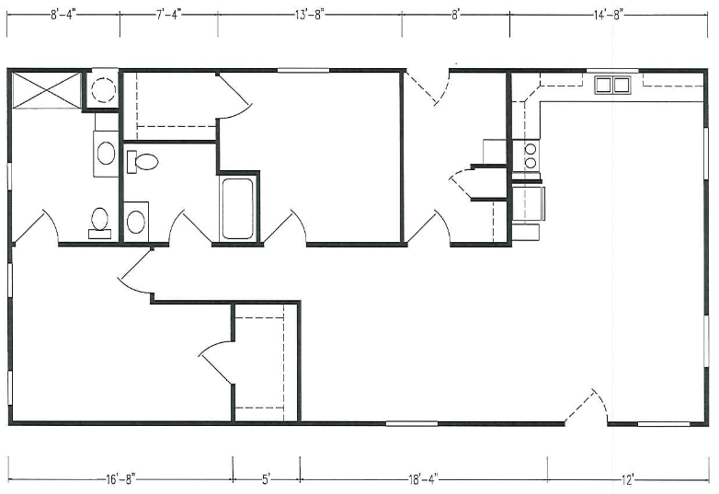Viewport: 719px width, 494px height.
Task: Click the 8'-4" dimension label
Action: coord(63,14)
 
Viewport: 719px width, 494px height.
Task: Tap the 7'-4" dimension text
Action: coord(169,14)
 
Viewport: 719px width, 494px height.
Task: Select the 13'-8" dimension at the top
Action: coord(309,15)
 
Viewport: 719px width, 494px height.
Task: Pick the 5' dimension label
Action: coord(267,480)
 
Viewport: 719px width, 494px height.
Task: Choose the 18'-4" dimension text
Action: coord(423,480)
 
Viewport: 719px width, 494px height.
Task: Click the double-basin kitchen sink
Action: coord(612,86)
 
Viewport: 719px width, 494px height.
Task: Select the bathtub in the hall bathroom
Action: coord(237,208)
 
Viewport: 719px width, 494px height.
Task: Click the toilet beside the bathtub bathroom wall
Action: coord(143,162)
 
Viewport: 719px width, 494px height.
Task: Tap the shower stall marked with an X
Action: coord(47,90)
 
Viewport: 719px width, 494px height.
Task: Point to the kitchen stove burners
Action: coord(531,155)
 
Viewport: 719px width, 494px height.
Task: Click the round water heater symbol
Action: coord(103,89)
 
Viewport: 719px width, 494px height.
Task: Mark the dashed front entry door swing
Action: coord(586,407)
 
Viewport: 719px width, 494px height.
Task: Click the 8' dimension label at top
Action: coord(455,15)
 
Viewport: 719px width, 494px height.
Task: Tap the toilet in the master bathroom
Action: coord(99,223)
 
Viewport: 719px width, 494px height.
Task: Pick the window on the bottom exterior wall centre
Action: coord(412,423)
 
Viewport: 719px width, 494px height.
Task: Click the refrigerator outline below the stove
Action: coord(529,203)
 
